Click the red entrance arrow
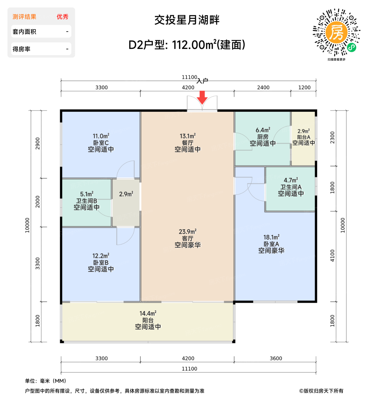[202, 97]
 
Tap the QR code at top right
[336, 32]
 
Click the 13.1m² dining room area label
[187, 136]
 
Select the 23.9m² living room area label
[187, 232]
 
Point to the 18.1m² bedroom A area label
[271, 237]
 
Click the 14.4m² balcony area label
[148, 314]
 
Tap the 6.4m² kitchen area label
[263, 130]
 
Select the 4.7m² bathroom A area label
[291, 180]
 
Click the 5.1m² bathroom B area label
[87, 194]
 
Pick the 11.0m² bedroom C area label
[101, 136]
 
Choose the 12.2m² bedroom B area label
[101, 256]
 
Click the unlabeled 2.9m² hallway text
[126, 194]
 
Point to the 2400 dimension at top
[263, 87]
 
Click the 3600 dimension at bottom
[276, 358]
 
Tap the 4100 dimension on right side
[332, 255]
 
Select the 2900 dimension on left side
[38, 143]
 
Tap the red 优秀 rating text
[62, 17]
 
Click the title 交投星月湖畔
[187, 20]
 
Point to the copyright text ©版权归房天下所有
[321, 391]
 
